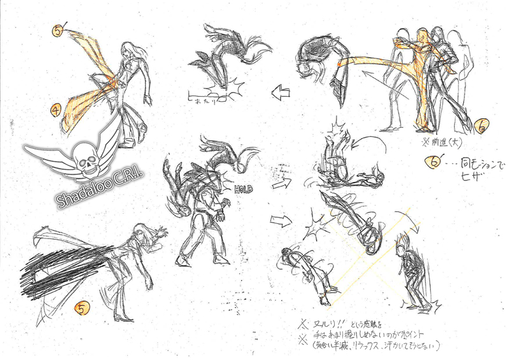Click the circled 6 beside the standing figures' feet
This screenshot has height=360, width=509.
(480, 128)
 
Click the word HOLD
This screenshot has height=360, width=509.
(243, 189)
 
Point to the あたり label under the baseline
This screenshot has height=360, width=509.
(203, 100)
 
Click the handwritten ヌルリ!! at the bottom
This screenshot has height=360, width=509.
(325, 322)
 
